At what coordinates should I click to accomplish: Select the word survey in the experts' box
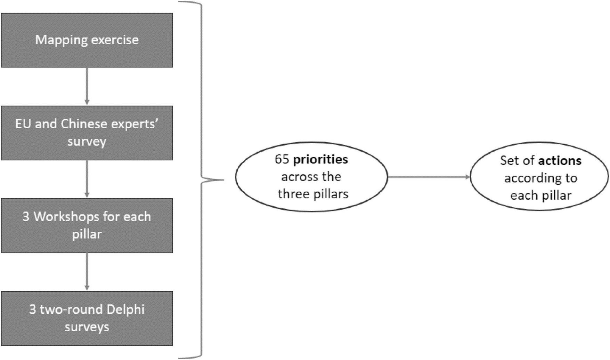click(x=87, y=142)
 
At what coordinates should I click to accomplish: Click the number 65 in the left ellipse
click(x=282, y=159)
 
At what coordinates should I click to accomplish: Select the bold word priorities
click(x=320, y=159)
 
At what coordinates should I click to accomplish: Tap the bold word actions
click(x=560, y=160)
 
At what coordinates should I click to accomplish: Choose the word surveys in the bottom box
click(x=87, y=327)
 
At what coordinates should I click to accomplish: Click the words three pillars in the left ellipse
click(x=313, y=194)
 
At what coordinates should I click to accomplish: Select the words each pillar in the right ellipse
click(x=540, y=195)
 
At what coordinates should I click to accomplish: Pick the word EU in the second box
click(x=23, y=124)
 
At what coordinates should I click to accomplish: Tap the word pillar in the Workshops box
click(x=87, y=234)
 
